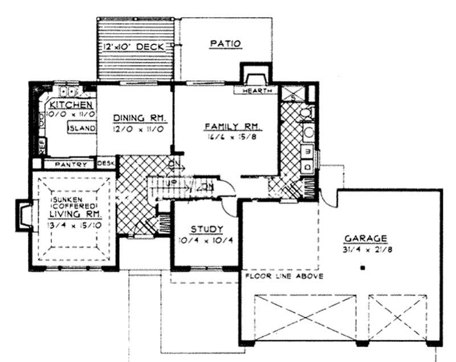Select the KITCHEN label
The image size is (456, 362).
click(x=71, y=105)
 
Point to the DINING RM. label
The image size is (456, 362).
click(x=139, y=118)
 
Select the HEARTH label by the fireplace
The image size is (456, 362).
click(x=255, y=92)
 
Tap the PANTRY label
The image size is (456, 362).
click(x=72, y=165)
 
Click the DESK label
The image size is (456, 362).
click(x=106, y=164)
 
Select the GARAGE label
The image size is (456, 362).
click(x=365, y=238)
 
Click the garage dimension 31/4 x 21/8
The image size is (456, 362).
click(x=365, y=249)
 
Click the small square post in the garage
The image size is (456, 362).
click(x=363, y=267)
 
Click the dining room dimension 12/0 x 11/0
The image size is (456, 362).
click(x=139, y=129)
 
